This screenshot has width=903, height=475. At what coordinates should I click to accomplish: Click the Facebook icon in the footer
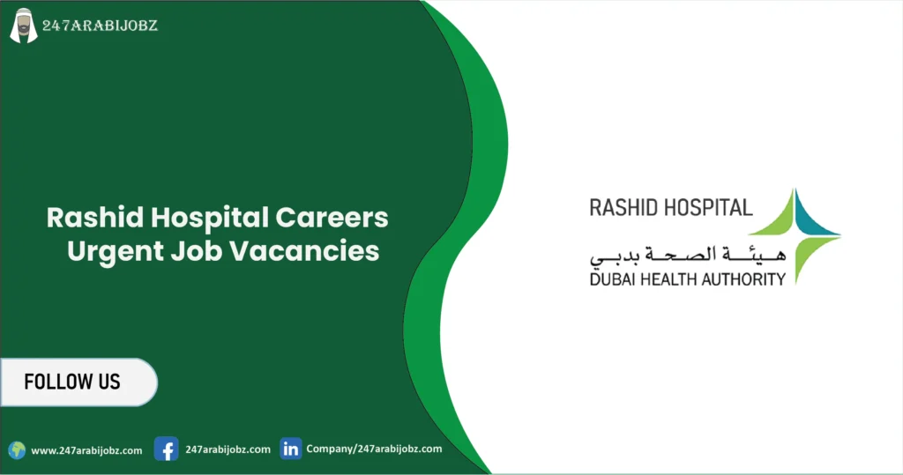(x=166, y=449)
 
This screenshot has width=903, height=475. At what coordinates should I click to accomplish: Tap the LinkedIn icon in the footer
(x=290, y=449)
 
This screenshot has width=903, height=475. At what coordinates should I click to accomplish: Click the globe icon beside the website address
(x=17, y=450)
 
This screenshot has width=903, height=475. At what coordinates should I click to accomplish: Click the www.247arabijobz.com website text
(x=86, y=450)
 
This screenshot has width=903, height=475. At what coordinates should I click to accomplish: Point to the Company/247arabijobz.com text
(x=374, y=449)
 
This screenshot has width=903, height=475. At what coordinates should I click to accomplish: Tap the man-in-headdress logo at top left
(x=23, y=26)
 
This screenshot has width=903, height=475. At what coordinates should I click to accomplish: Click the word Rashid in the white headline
(x=87, y=218)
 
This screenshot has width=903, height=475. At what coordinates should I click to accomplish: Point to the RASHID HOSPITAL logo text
(x=671, y=208)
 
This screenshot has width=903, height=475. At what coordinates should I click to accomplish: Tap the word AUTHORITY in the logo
(x=743, y=279)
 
